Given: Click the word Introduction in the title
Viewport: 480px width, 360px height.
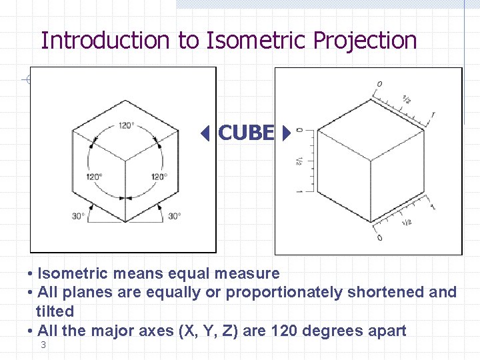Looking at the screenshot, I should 106,41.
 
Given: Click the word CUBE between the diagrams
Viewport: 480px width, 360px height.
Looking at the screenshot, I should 245,133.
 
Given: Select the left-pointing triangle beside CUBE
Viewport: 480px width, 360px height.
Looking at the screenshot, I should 207,134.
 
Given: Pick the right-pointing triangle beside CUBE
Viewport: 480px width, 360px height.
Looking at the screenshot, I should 286,134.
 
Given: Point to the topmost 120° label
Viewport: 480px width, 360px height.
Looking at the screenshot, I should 126,125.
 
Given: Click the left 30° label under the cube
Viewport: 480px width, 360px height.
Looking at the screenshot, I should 79,216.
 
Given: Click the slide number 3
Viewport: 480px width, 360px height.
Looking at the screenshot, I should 43,345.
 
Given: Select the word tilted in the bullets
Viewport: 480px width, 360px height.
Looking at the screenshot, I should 55,311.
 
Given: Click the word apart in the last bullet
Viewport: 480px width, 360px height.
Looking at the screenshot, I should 388,331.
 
